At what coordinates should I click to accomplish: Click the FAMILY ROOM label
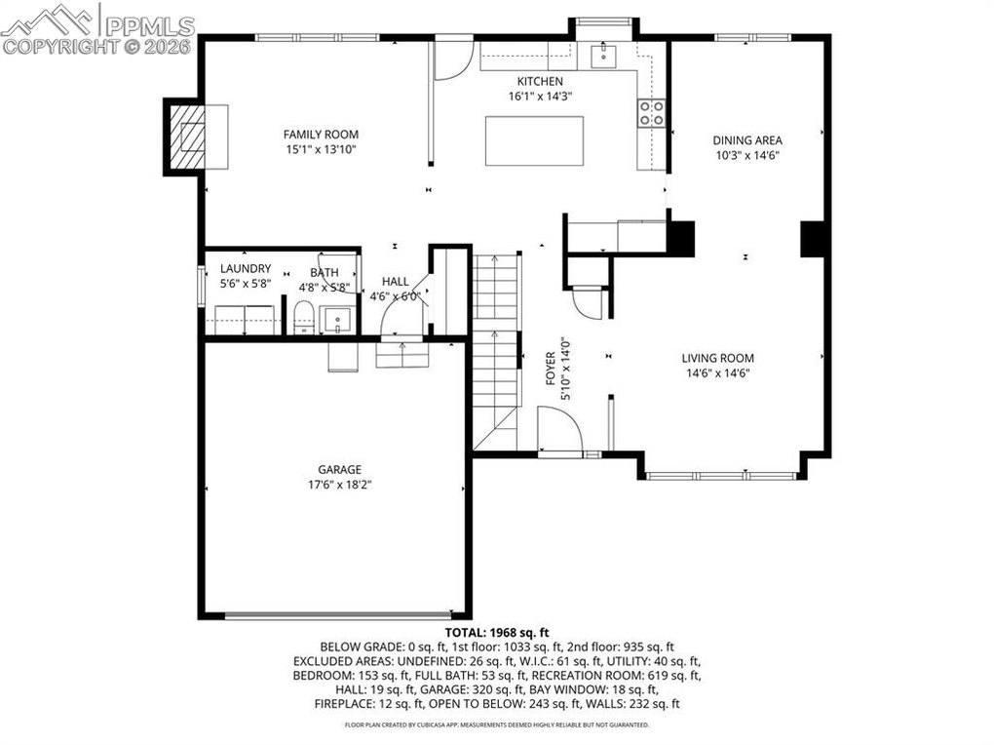(x=321, y=135)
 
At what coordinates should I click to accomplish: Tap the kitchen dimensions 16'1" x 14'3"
(x=540, y=97)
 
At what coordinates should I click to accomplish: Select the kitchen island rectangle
(x=534, y=140)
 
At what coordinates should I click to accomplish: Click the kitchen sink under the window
(x=604, y=56)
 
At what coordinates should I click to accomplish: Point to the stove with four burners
(x=651, y=113)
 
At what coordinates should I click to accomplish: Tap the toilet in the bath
(x=305, y=317)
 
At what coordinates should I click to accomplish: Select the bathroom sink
(x=336, y=319)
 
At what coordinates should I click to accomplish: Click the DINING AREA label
(x=747, y=140)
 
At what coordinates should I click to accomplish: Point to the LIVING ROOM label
(x=717, y=359)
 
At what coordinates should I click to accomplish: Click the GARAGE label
(x=340, y=470)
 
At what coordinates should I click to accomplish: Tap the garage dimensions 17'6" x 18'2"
(x=340, y=486)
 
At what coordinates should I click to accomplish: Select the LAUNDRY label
(x=246, y=269)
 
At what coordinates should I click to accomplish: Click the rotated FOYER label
(x=551, y=369)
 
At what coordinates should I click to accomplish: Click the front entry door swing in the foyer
(x=559, y=429)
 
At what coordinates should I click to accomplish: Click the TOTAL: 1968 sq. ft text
(x=497, y=633)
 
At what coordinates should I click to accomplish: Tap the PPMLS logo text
(x=149, y=26)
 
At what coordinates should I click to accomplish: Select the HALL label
(x=395, y=282)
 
